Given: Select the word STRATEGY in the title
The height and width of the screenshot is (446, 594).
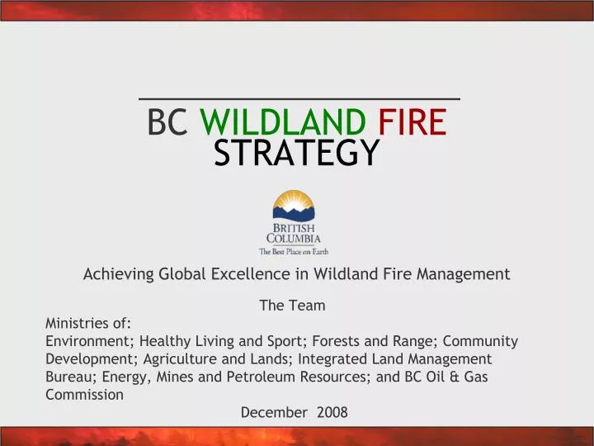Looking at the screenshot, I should click(x=297, y=153).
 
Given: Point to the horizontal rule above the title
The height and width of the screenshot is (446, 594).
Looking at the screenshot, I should click(x=298, y=99).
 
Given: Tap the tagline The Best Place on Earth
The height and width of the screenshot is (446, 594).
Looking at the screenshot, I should click(x=294, y=251).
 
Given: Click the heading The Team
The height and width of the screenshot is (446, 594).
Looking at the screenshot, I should click(x=292, y=306).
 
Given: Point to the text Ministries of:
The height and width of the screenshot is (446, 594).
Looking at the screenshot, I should click(x=88, y=323).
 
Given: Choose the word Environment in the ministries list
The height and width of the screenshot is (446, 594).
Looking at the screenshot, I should click(x=89, y=341).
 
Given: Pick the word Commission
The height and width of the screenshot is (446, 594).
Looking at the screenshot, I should click(x=84, y=395).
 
